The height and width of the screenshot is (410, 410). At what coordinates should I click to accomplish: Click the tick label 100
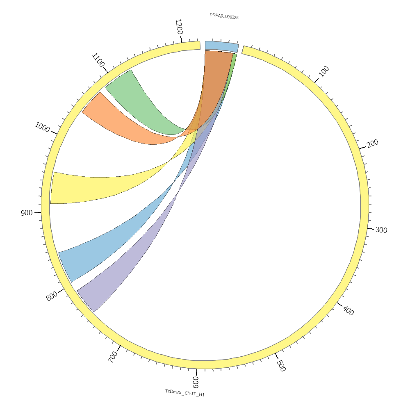[x=324, y=72]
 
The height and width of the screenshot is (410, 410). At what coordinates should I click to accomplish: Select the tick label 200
[x=373, y=143]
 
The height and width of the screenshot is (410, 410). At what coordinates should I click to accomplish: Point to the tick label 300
[x=381, y=230]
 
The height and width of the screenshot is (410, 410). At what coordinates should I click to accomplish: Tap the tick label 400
[x=348, y=311]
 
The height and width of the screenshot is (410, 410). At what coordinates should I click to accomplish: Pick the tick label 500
[x=281, y=365]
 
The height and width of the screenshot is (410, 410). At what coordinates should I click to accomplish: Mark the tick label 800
[x=52, y=296]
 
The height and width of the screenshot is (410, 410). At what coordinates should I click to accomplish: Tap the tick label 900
[x=27, y=213]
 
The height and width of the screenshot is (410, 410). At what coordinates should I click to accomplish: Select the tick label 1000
[x=42, y=127]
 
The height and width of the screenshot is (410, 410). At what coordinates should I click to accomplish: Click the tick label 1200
[x=179, y=27]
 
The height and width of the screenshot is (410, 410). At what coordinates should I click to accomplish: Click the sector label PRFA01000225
[x=224, y=16]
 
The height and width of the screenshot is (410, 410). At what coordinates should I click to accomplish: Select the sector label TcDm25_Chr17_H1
[x=185, y=393]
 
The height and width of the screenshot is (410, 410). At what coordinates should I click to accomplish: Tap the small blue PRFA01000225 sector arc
[x=221, y=46]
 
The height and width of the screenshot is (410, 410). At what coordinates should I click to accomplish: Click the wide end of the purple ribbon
[x=86, y=301]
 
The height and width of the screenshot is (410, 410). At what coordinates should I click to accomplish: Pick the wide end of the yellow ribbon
[x=52, y=188]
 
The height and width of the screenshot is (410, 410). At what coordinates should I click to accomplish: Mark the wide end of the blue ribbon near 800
[x=65, y=267]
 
